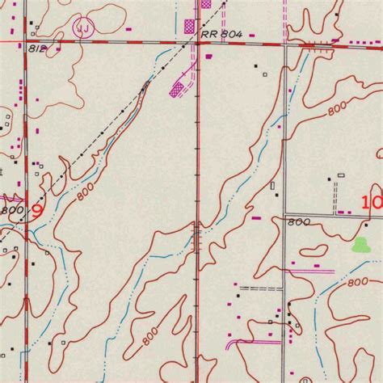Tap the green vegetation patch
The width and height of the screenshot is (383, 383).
361,245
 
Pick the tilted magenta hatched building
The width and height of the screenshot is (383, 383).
178,89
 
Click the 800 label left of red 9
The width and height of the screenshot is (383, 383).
11,209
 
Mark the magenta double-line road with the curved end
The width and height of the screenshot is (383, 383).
250,342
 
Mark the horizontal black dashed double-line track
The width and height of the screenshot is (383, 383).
259,288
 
